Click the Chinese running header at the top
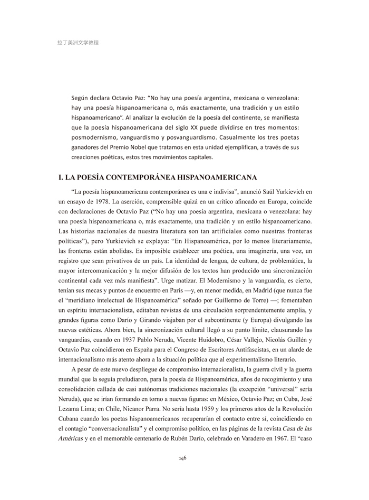(x=77, y=42)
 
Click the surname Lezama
(x=72, y=399)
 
